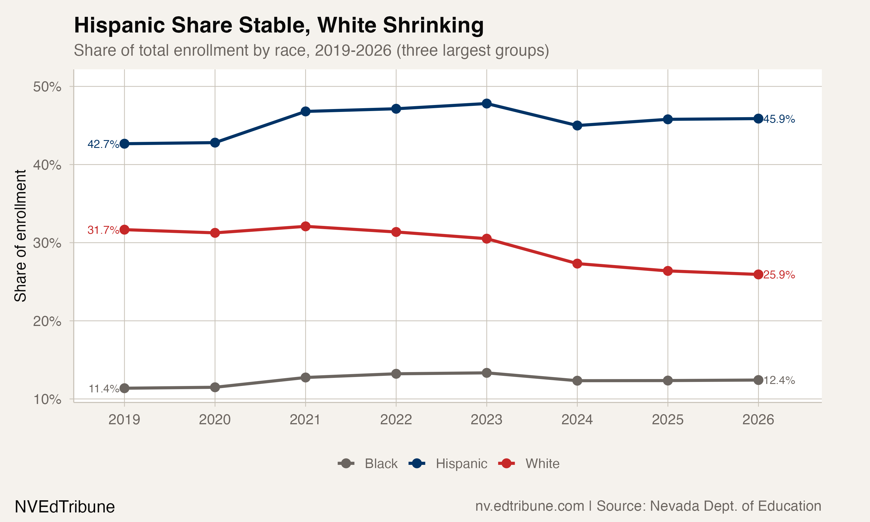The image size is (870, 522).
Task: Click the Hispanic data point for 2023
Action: (487, 104)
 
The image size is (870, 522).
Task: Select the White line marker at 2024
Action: (577, 263)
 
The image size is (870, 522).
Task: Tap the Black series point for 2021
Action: (306, 377)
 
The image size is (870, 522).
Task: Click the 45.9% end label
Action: (779, 119)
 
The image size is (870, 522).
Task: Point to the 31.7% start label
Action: (103, 230)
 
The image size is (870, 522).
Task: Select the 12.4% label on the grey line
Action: (779, 380)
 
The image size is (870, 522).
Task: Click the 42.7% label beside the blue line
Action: (103, 144)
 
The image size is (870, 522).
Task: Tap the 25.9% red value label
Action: (779, 275)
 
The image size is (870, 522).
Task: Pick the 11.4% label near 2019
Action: (104, 389)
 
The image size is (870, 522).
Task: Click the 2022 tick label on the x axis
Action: (396, 420)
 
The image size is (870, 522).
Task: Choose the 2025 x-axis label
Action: (668, 420)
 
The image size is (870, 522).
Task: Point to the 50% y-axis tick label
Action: (47, 86)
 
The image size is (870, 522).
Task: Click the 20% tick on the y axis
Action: (47, 321)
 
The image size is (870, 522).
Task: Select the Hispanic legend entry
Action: (461, 464)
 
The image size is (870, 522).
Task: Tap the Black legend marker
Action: (346, 464)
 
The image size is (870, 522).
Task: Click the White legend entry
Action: (542, 464)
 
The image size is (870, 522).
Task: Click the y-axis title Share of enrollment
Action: (20, 236)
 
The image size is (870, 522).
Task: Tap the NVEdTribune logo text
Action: (65, 507)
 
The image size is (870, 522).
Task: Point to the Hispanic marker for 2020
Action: (215, 142)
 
